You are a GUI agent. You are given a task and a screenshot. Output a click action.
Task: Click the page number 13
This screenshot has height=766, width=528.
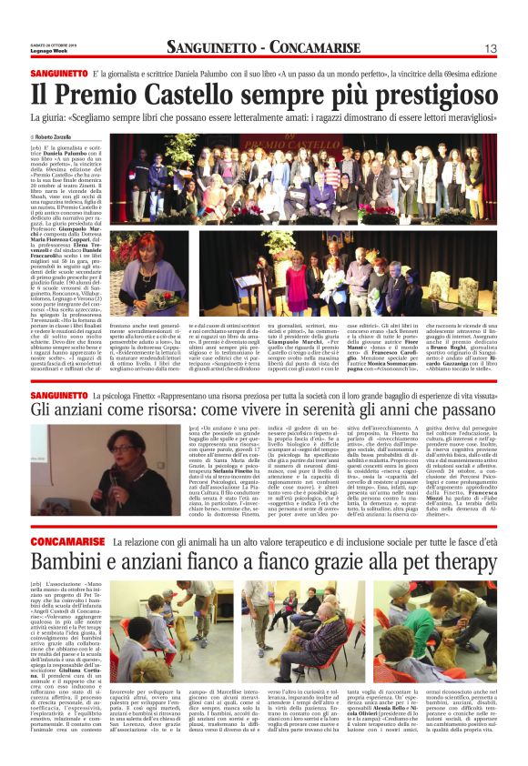[490, 48]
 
